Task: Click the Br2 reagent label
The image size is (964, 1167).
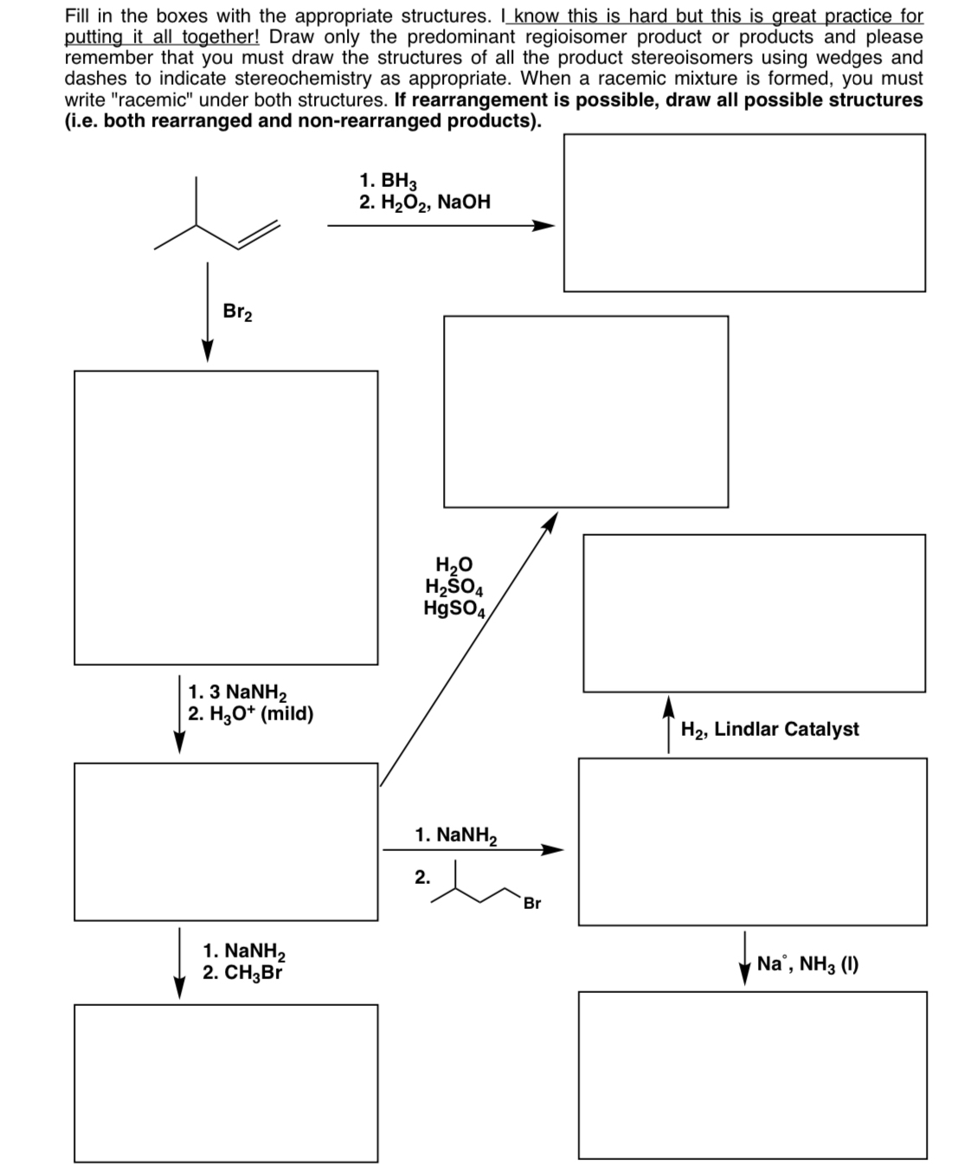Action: pyautogui.click(x=237, y=312)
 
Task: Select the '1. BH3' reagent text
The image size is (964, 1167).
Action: pyautogui.click(x=388, y=181)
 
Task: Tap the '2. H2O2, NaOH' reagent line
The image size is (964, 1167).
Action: pyautogui.click(x=425, y=203)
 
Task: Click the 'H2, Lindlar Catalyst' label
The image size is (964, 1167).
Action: pyautogui.click(x=769, y=729)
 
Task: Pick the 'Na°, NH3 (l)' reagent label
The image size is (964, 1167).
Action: pyautogui.click(x=807, y=964)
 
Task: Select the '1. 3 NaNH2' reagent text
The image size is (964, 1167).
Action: pyautogui.click(x=237, y=692)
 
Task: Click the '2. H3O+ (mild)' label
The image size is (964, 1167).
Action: pyautogui.click(x=251, y=714)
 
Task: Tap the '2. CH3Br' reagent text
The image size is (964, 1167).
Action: pyautogui.click(x=242, y=972)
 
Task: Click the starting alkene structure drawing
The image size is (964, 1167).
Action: pyautogui.click(x=217, y=216)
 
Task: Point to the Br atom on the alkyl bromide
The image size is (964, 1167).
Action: pyautogui.click(x=531, y=904)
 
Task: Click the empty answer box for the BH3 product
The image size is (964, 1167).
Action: pyautogui.click(x=744, y=213)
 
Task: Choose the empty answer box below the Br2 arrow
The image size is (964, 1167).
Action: pyautogui.click(x=226, y=517)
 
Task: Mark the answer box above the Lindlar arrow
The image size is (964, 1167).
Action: pyautogui.click(x=754, y=612)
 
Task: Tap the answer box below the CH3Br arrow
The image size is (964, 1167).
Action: pyautogui.click(x=226, y=1082)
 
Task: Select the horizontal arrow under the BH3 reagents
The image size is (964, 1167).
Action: pyautogui.click(x=440, y=226)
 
